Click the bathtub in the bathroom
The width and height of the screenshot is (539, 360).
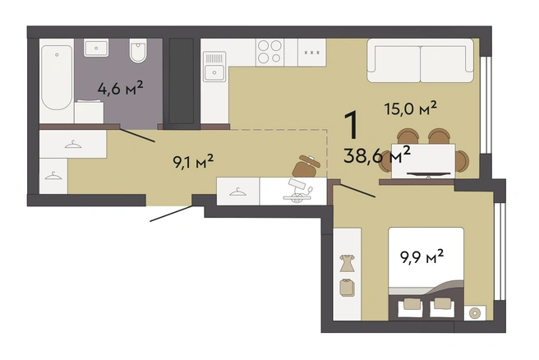pyautogui.click(x=57, y=78)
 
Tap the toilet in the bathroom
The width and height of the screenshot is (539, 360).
pyautogui.click(x=138, y=50)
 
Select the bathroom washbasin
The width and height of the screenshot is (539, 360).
pyautogui.click(x=96, y=48)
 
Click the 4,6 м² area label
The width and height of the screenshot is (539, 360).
pyautogui.click(x=120, y=89)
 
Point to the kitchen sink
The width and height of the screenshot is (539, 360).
pyautogui.click(x=214, y=67)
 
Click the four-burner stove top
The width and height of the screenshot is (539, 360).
pyautogui.click(x=269, y=52)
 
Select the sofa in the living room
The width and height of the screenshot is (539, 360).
pyautogui.click(x=420, y=61)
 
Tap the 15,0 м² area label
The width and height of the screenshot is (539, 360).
pyautogui.click(x=411, y=108)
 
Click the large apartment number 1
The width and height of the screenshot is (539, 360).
pyautogui.click(x=352, y=126)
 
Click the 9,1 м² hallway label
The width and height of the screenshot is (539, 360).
pyautogui.click(x=193, y=161)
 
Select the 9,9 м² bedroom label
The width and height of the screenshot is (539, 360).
pyautogui.click(x=422, y=256)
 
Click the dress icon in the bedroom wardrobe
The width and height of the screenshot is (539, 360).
pyautogui.click(x=347, y=263)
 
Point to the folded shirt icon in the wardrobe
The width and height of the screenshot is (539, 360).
pyautogui.click(x=348, y=288)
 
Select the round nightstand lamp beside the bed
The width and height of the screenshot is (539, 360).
pyautogui.click(x=475, y=313)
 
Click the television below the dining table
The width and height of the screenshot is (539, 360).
pyautogui.click(x=428, y=174)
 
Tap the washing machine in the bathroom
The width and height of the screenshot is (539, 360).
pyautogui.click(x=89, y=112)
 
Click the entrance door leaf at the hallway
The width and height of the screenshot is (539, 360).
pyautogui.click(x=171, y=214)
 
